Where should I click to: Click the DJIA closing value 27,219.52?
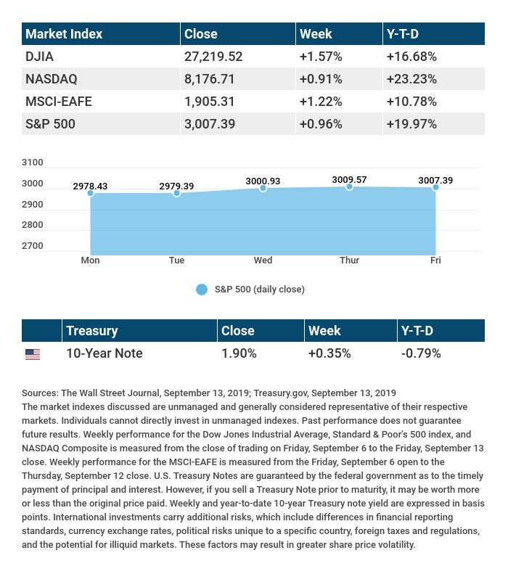tap(213, 57)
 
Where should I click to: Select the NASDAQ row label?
tap(52, 78)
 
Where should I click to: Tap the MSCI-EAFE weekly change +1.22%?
tap(321, 102)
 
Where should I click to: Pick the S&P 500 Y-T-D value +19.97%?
tap(411, 124)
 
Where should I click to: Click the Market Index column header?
tap(64, 34)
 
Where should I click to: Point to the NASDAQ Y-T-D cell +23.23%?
tap(411, 78)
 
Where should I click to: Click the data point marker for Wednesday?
tap(263, 188)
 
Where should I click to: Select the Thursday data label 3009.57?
tap(349, 179)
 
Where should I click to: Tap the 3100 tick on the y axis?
tap(33, 162)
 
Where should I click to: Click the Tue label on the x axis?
tap(176, 261)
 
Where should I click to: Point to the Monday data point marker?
tap(91, 192)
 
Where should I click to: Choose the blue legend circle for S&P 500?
tap(202, 290)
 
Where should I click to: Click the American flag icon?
tap(33, 354)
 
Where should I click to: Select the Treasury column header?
tap(92, 331)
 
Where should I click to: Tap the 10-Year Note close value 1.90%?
tap(239, 353)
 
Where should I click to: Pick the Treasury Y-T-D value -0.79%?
tap(421, 353)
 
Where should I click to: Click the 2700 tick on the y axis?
tap(33, 245)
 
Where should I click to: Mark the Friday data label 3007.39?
tap(435, 180)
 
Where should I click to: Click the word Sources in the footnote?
tap(40, 393)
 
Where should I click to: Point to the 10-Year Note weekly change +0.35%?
tap(329, 353)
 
